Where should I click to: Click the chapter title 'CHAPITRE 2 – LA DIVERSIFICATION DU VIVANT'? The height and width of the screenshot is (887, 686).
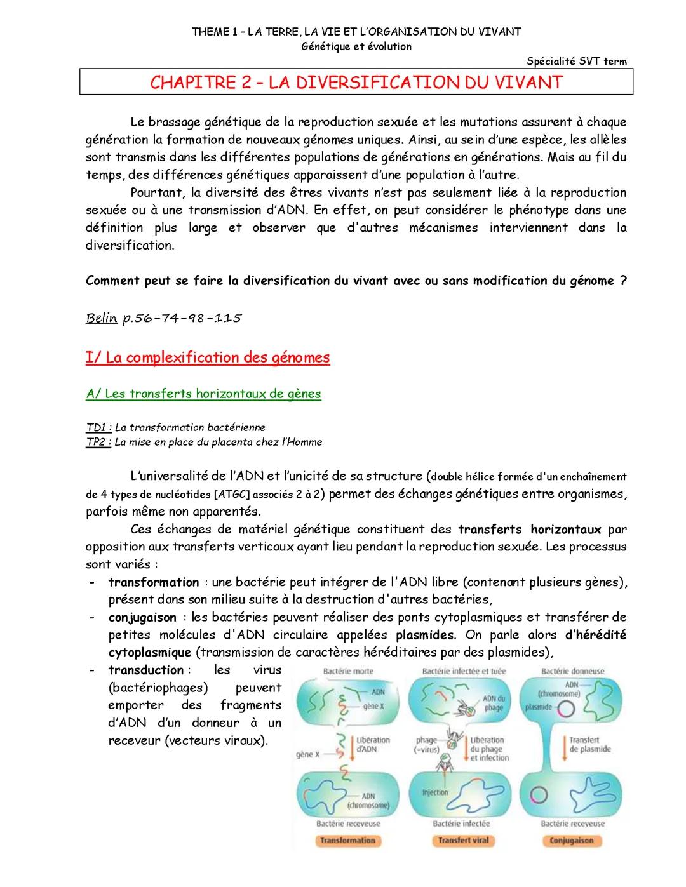click(x=356, y=83)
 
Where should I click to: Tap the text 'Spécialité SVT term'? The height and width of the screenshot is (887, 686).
click(x=577, y=62)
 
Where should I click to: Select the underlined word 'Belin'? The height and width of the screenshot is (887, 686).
click(x=102, y=318)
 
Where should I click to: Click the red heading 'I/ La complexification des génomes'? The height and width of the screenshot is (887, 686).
click(x=208, y=357)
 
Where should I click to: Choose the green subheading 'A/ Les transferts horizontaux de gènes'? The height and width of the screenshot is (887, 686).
click(x=203, y=394)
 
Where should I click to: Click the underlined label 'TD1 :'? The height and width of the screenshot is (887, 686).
click(x=99, y=427)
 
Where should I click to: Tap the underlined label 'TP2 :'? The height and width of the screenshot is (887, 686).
click(x=99, y=442)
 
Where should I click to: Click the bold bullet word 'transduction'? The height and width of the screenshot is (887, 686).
click(x=145, y=670)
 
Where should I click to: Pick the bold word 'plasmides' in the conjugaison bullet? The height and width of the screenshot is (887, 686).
click(x=424, y=635)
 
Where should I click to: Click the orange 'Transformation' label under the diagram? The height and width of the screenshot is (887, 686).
click(x=347, y=840)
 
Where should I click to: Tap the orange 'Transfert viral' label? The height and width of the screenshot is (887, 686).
click(x=463, y=840)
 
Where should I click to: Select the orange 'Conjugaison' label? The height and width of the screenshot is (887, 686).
click(x=572, y=840)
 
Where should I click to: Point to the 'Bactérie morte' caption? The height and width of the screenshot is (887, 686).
click(x=348, y=671)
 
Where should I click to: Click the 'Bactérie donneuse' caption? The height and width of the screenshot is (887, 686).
click(x=572, y=671)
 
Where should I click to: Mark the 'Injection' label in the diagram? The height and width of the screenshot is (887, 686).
click(x=435, y=792)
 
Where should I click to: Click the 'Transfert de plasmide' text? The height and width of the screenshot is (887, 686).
click(x=589, y=744)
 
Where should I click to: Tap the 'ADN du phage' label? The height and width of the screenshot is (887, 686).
click(x=493, y=703)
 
